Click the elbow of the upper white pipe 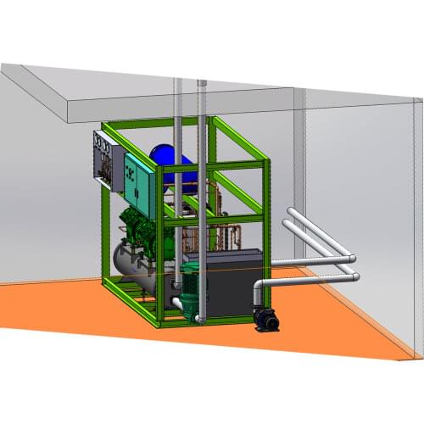[349, 257]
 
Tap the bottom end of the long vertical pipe [200, 319]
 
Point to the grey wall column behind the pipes [298, 170]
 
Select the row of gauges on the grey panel [101, 148]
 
